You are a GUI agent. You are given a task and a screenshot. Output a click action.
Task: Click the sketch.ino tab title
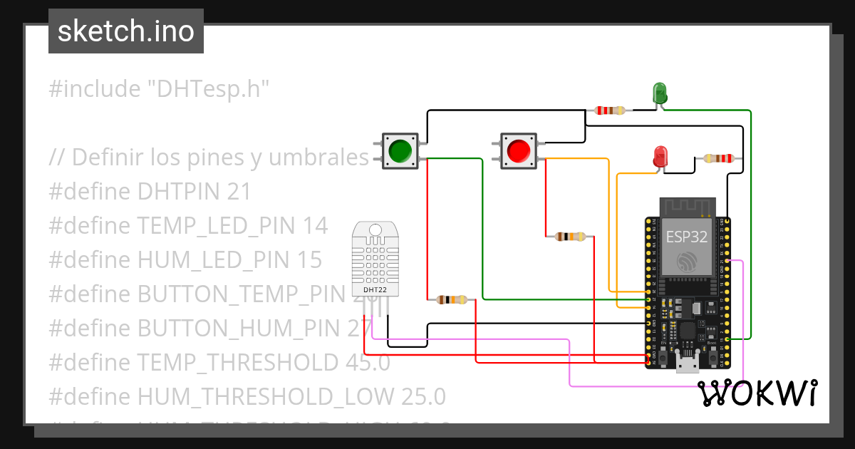(x=126, y=31)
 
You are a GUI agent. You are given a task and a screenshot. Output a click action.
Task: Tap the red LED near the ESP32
(x=660, y=157)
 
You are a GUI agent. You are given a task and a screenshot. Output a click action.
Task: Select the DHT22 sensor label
(x=375, y=290)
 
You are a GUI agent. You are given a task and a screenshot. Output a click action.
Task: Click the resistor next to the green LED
(x=609, y=110)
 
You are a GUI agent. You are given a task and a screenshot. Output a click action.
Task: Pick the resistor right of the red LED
(x=718, y=158)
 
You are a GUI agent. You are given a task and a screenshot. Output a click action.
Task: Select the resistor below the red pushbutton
(x=570, y=237)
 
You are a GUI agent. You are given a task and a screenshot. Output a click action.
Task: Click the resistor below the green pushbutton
(x=451, y=300)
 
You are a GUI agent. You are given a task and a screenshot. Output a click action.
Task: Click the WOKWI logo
(x=757, y=393)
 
